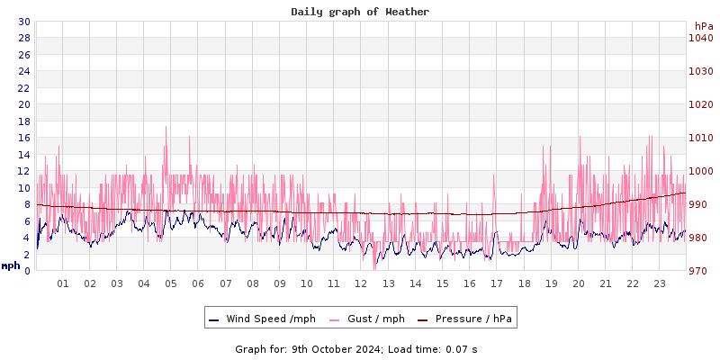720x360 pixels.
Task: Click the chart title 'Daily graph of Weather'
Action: [x=360, y=12]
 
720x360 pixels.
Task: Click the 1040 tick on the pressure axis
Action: [x=700, y=38]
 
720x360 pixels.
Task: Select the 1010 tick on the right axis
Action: [x=700, y=138]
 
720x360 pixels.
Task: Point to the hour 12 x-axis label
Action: [x=361, y=283]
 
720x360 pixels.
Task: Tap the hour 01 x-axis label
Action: [x=63, y=283]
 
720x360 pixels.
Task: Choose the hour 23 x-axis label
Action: [x=659, y=283]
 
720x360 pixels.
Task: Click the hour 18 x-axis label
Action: [x=524, y=283]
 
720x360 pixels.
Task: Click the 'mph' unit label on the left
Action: [x=10, y=265]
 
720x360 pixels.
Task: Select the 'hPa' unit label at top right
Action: [x=704, y=26]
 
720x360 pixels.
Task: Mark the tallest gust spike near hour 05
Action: [x=166, y=128]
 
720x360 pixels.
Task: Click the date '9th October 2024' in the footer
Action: [x=333, y=348]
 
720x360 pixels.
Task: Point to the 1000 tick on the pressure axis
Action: [x=700, y=171]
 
